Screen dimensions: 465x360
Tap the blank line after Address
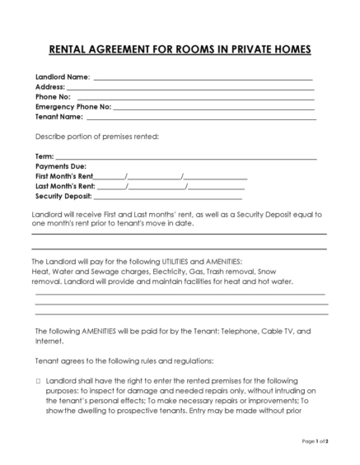[189, 87]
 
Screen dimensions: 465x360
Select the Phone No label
[53, 96]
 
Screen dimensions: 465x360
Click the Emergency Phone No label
[72, 107]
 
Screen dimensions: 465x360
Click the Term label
[44, 156]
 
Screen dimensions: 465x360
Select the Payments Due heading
[62, 165]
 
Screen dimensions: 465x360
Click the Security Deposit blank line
[168, 197]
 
